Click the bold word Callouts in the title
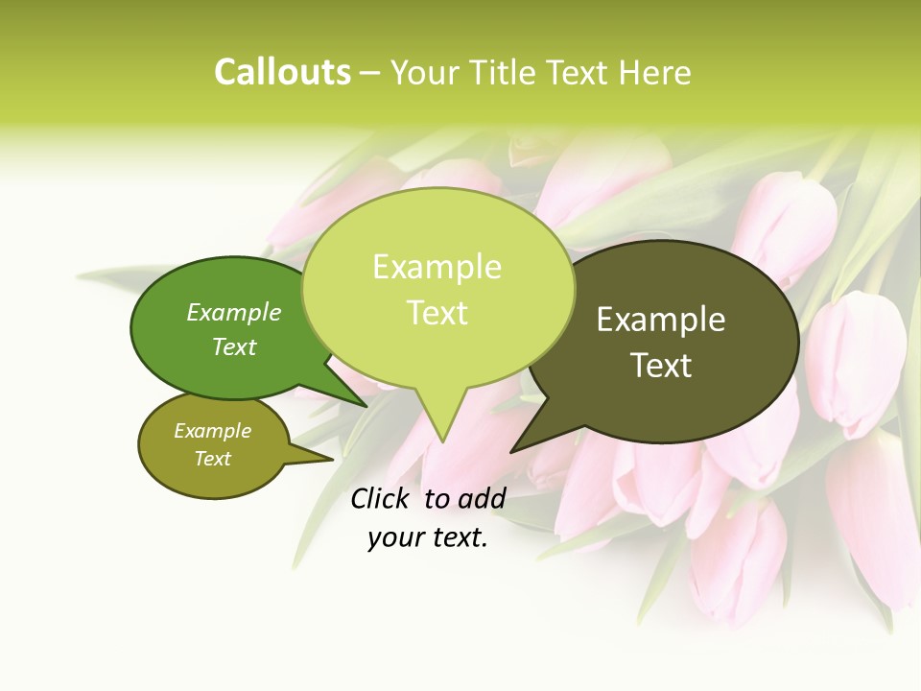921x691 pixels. point(282,73)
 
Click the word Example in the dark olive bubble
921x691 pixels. point(661,320)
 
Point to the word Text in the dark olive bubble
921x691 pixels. point(662,366)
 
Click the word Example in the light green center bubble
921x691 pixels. point(437,267)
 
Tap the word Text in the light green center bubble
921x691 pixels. point(437,313)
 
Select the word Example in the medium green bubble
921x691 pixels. point(234,313)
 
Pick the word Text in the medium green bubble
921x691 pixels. point(234,346)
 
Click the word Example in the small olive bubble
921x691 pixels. point(212,431)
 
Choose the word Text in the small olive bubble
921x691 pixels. point(212,459)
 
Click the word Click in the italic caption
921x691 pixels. point(381,498)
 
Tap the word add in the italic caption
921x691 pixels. point(481,498)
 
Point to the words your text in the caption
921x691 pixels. point(428,537)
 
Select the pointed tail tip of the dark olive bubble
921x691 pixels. point(511,451)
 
